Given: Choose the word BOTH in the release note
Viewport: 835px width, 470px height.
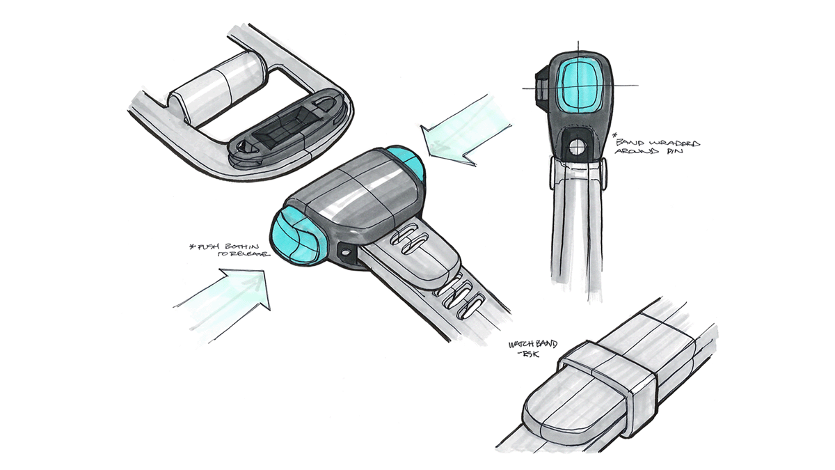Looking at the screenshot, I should (234, 246).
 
